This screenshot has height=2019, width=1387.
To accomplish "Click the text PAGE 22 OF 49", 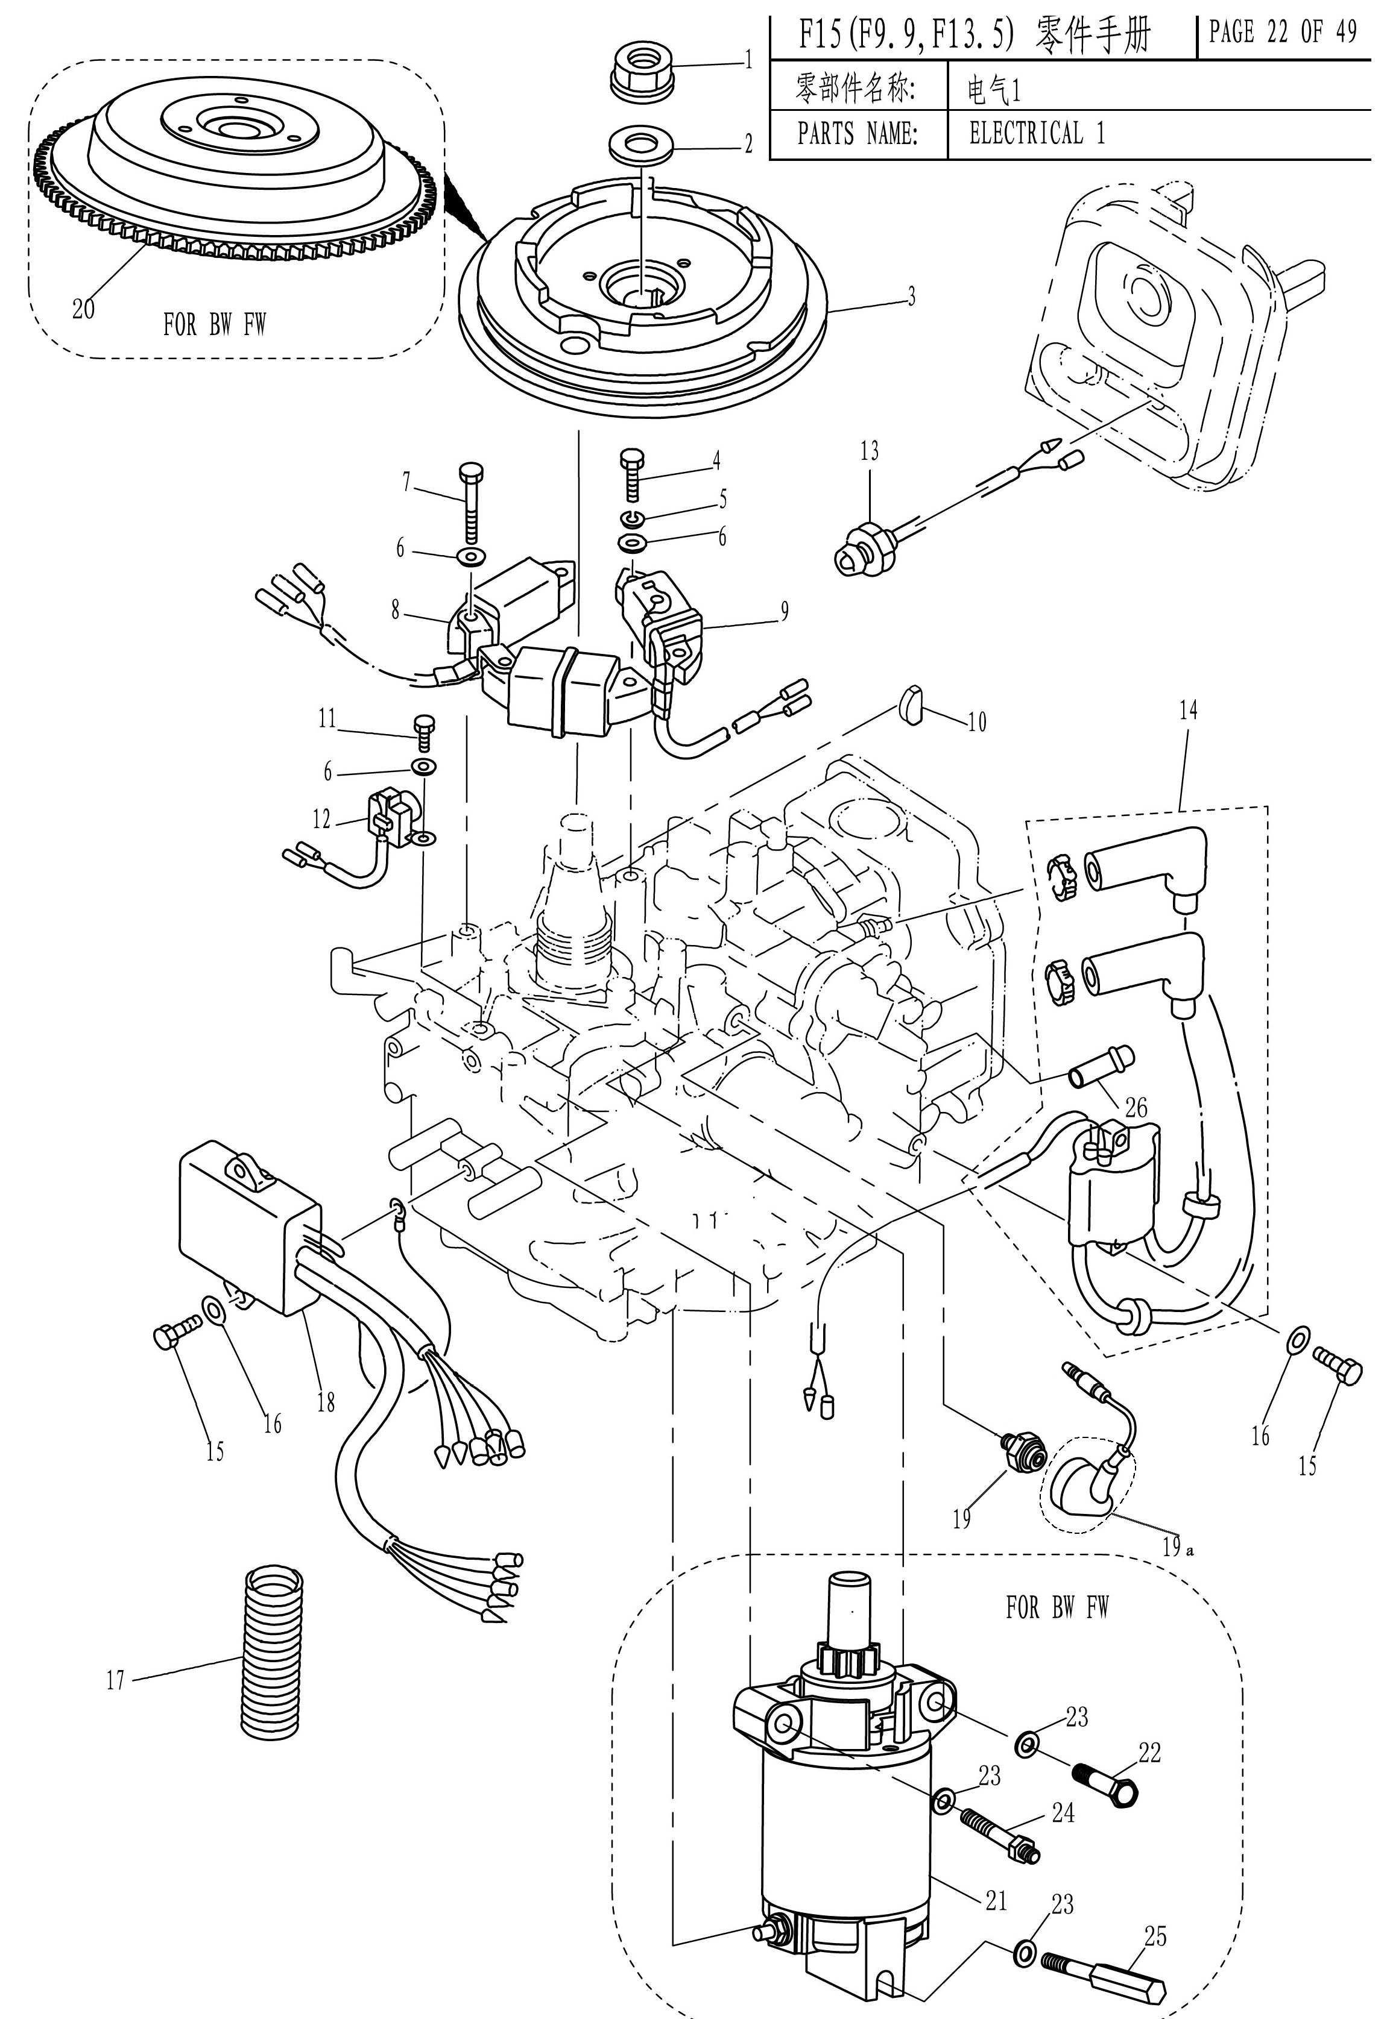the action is pyautogui.click(x=1282, y=33).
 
